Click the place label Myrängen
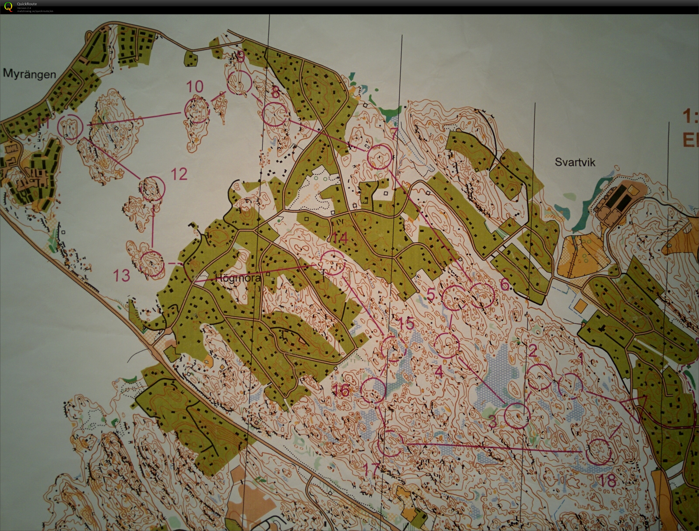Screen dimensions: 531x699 (29, 74)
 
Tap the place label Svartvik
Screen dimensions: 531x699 (575, 162)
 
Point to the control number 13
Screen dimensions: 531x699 (122, 275)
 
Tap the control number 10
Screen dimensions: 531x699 (195, 87)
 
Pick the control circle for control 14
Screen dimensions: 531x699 (332, 263)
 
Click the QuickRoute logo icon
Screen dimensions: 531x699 (9, 7)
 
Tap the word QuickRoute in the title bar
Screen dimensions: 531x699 (27, 4)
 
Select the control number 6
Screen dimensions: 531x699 (505, 285)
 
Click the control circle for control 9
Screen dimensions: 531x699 (239, 83)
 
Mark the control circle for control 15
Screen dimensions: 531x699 (393, 349)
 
